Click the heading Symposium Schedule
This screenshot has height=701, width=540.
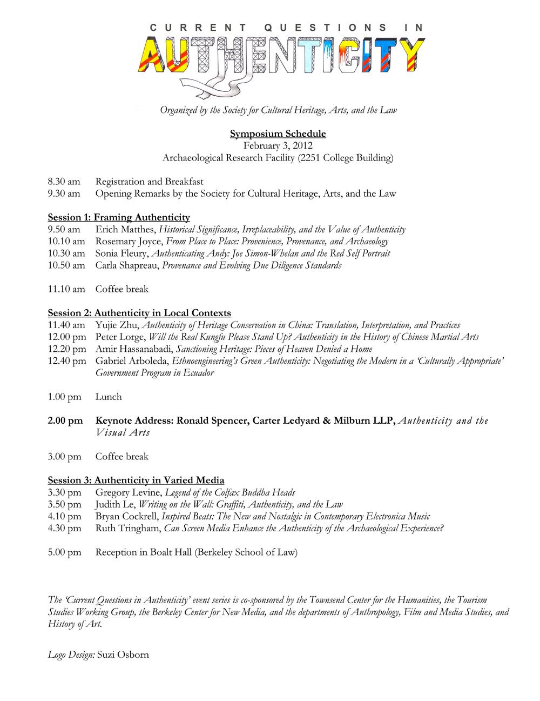pyautogui.click(x=278, y=133)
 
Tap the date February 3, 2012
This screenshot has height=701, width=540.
pyautogui.click(x=278, y=145)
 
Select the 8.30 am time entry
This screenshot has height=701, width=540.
pyautogui.click(x=64, y=182)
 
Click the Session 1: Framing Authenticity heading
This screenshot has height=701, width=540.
pyautogui.click(x=119, y=217)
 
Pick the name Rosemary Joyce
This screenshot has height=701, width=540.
pyautogui.click(x=129, y=241)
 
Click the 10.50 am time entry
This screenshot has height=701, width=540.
pyautogui.click(x=66, y=265)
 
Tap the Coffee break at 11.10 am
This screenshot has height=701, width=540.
pyautogui.click(x=122, y=289)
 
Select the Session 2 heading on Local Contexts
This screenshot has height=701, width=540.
pyautogui.click(x=139, y=313)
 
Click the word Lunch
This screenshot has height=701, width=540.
pyautogui.click(x=109, y=397)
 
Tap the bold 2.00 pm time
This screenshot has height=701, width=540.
pyautogui.click(x=65, y=420)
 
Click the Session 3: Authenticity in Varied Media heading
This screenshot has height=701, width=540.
pyautogui.click(x=136, y=480)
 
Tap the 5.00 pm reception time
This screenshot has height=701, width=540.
pyautogui.click(x=65, y=552)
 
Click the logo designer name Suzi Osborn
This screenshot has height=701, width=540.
pyautogui.click(x=123, y=655)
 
